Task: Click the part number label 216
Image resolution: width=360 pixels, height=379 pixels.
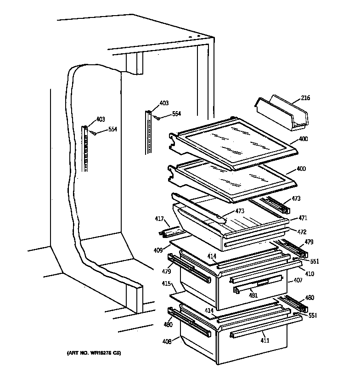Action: [x=305, y=98]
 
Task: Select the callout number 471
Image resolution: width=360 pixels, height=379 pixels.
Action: [x=303, y=218]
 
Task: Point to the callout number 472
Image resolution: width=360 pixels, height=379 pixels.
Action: [x=301, y=232]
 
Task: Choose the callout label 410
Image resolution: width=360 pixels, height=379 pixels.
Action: [x=309, y=274]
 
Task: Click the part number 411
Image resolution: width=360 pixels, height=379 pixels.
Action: [x=265, y=340]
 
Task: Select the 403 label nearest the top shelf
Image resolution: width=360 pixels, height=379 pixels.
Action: [x=164, y=103]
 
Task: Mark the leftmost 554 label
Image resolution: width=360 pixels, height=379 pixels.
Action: [x=112, y=130]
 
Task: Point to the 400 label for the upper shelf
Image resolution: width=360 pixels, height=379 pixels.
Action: [x=303, y=139]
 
